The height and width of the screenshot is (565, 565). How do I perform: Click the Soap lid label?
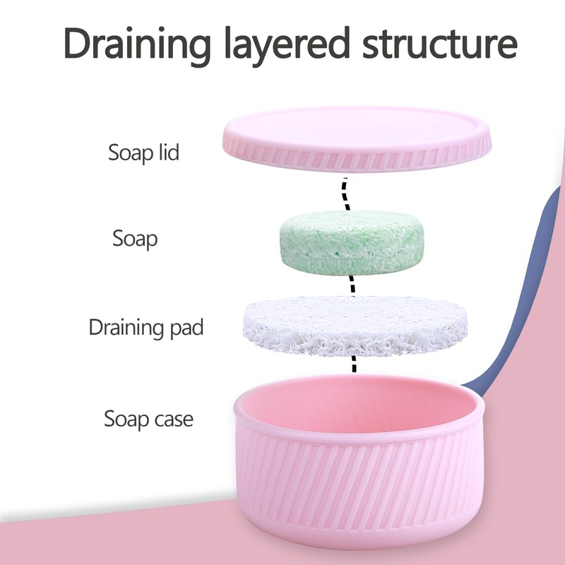click(143, 152)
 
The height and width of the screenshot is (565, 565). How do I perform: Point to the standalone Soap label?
click(135, 238)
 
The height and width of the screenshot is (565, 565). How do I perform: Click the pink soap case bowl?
click(360, 487)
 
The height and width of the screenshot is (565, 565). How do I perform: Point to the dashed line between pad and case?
click(353, 363)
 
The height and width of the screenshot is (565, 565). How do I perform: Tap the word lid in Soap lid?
click(165, 152)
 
